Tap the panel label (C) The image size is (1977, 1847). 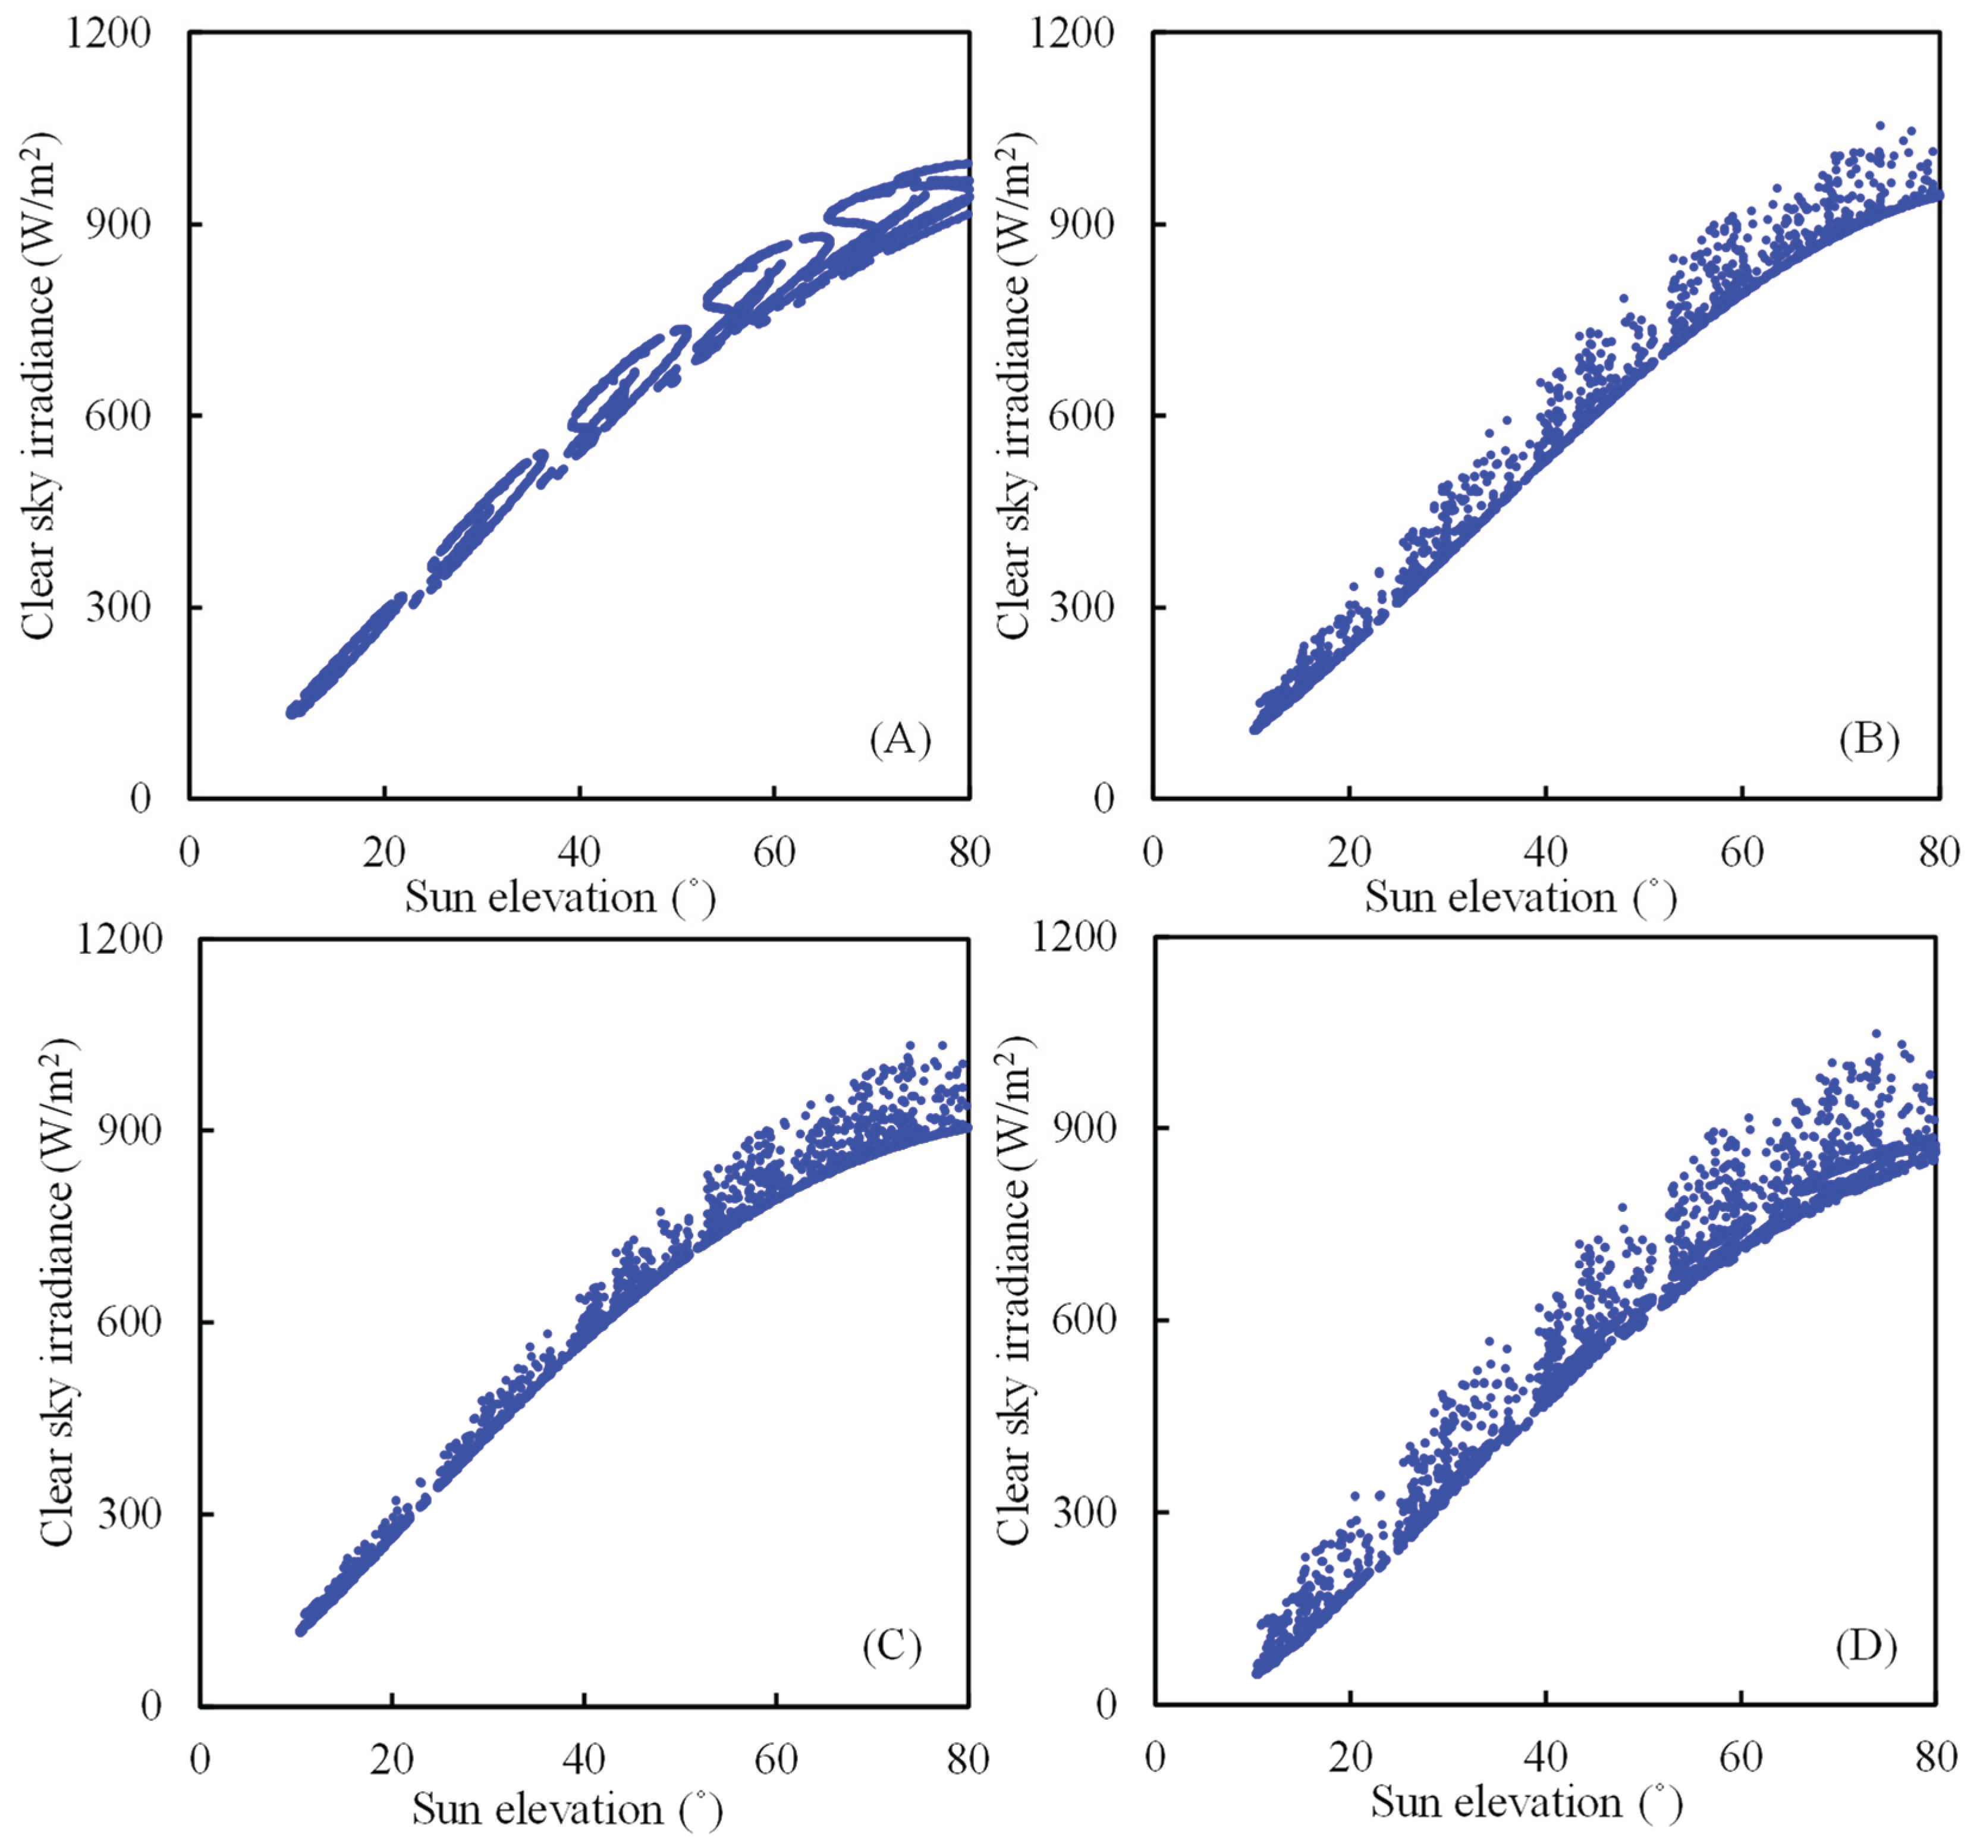coord(892,1647)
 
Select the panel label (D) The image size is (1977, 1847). coord(1866,1647)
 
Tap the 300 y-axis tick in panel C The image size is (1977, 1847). coord(129,1515)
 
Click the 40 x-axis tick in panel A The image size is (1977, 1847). coord(579,852)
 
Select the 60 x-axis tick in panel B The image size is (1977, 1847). coord(1742,852)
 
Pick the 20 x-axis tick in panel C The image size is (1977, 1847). coord(392,1760)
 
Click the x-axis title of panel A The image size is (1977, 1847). coord(560,899)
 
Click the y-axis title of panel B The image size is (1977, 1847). coord(1014,384)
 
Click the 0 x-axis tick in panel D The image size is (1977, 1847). coord(1155,1757)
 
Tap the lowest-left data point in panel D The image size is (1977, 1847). coord(1257,1672)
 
